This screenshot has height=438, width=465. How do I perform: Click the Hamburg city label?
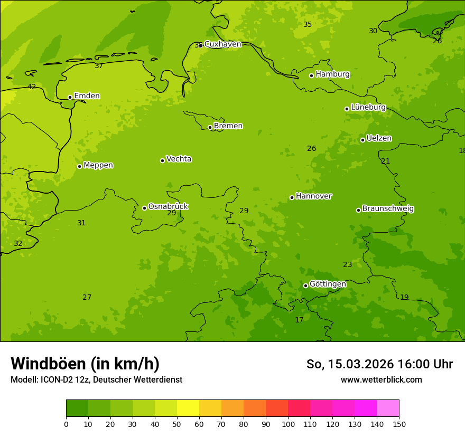[332, 74]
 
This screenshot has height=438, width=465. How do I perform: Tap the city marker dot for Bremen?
[210, 127]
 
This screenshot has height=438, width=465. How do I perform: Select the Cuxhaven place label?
[222, 44]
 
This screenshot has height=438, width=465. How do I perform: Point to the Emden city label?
[87, 96]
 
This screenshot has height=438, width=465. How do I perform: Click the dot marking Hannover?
[292, 197]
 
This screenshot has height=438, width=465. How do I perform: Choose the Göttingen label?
[328, 284]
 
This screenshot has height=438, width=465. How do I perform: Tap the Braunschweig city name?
[388, 209]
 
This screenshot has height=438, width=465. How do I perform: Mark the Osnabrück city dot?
[144, 208]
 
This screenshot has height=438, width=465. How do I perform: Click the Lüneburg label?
[368, 107]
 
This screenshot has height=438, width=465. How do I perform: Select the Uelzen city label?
[379, 139]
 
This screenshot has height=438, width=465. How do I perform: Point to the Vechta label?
[179, 159]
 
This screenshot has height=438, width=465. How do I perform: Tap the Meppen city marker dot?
[79, 166]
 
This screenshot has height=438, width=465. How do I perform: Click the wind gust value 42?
[32, 87]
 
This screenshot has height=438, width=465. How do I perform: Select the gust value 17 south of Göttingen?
[299, 320]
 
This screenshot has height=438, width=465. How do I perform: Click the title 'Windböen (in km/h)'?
[85, 364]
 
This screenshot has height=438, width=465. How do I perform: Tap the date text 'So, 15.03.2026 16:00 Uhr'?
[379, 364]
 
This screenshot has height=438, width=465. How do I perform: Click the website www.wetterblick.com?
[381, 379]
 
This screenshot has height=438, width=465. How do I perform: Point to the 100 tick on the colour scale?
[288, 424]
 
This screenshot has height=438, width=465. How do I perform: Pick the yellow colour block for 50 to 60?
[188, 408]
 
